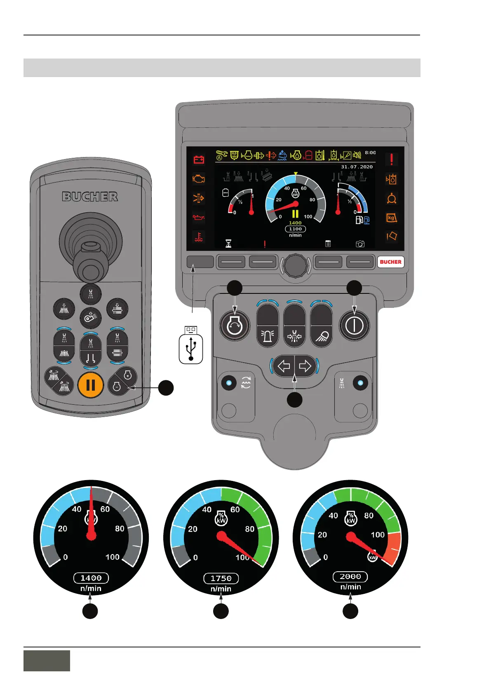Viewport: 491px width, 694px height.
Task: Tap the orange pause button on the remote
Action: coord(90,385)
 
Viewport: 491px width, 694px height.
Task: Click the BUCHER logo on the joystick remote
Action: coord(90,197)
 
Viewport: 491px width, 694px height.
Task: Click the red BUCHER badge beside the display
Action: coord(390,262)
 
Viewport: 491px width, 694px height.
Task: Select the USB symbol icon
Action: coord(191,349)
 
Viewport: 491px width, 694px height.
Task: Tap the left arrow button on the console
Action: coord(284,366)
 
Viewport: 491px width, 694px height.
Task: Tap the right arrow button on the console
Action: coord(305,366)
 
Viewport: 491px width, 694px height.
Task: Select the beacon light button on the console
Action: coord(268,336)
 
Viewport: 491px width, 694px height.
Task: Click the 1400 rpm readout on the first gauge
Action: coord(91,578)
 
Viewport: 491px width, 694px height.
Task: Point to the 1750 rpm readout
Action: coord(221,578)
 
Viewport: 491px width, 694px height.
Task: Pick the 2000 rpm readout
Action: coord(350,577)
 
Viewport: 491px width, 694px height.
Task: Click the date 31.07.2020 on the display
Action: coord(357,167)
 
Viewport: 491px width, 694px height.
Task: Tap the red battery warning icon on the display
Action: coord(199,159)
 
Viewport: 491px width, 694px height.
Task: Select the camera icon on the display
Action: coord(360,244)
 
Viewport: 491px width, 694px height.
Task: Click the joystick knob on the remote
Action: coord(90,270)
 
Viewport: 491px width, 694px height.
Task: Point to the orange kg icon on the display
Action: coord(391,218)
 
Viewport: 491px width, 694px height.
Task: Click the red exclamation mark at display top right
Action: coord(391,159)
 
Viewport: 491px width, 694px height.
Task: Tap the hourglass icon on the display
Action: coord(228,244)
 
